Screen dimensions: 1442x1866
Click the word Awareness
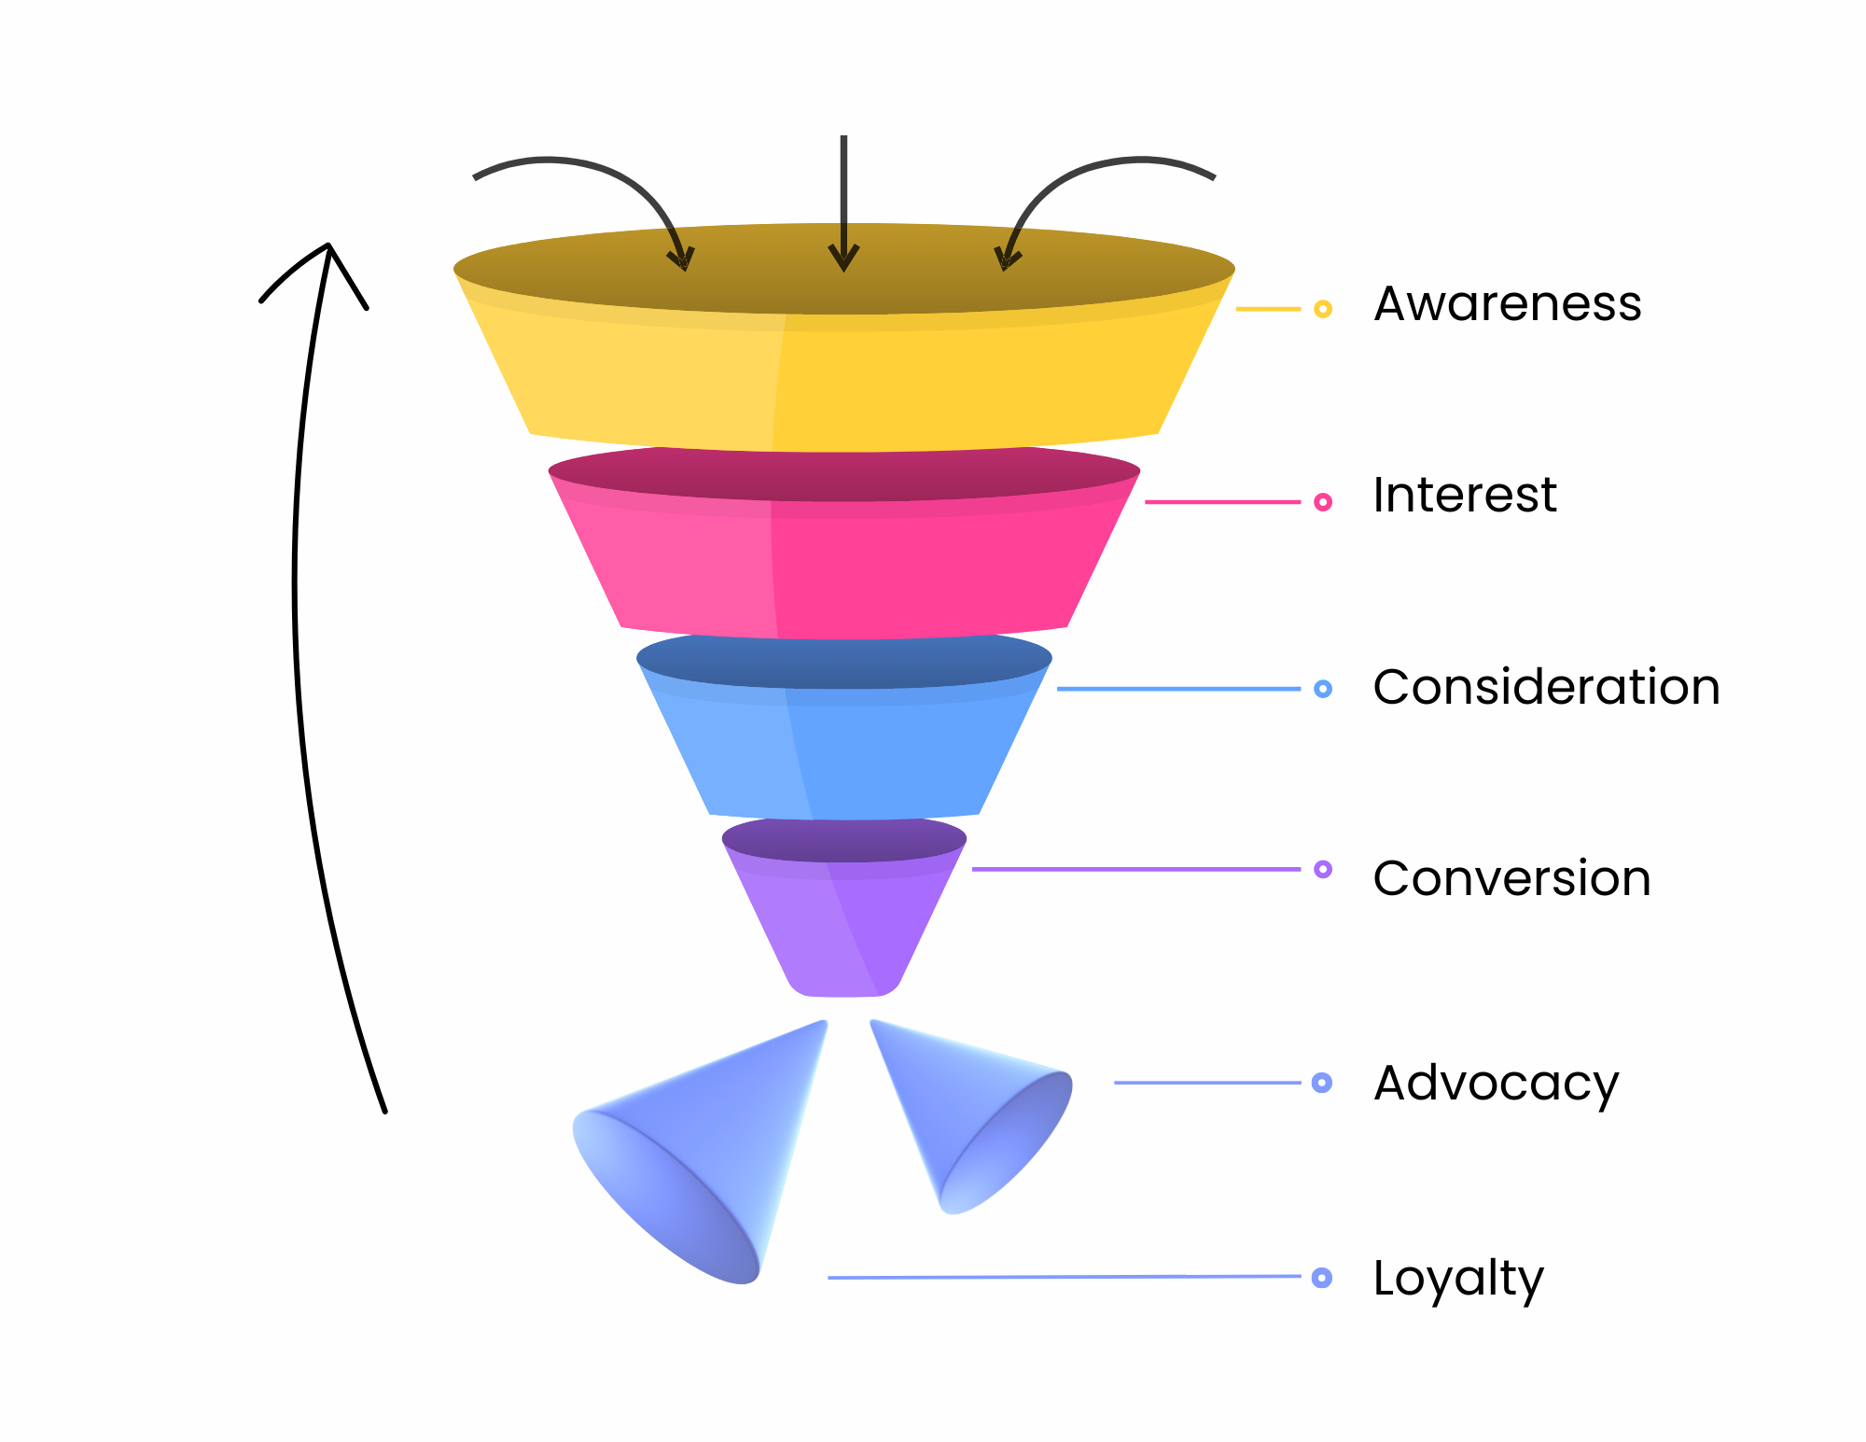pos(1507,304)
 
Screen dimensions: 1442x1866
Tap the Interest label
pos(1464,495)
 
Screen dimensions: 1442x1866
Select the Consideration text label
pos(1546,687)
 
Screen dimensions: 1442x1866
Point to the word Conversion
pos(1511,878)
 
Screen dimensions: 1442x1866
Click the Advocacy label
pos(1496,1084)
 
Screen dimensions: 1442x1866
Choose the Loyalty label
pos(1458,1279)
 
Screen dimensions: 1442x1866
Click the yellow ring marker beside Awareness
pos(1322,309)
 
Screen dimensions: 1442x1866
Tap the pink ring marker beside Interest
pos(1322,502)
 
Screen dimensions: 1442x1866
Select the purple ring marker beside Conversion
pos(1322,869)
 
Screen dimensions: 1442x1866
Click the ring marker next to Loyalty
pos(1321,1278)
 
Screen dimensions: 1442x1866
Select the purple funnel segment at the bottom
pos(844,924)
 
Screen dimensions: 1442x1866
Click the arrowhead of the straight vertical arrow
pos(843,259)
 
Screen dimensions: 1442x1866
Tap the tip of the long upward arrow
pos(328,247)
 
